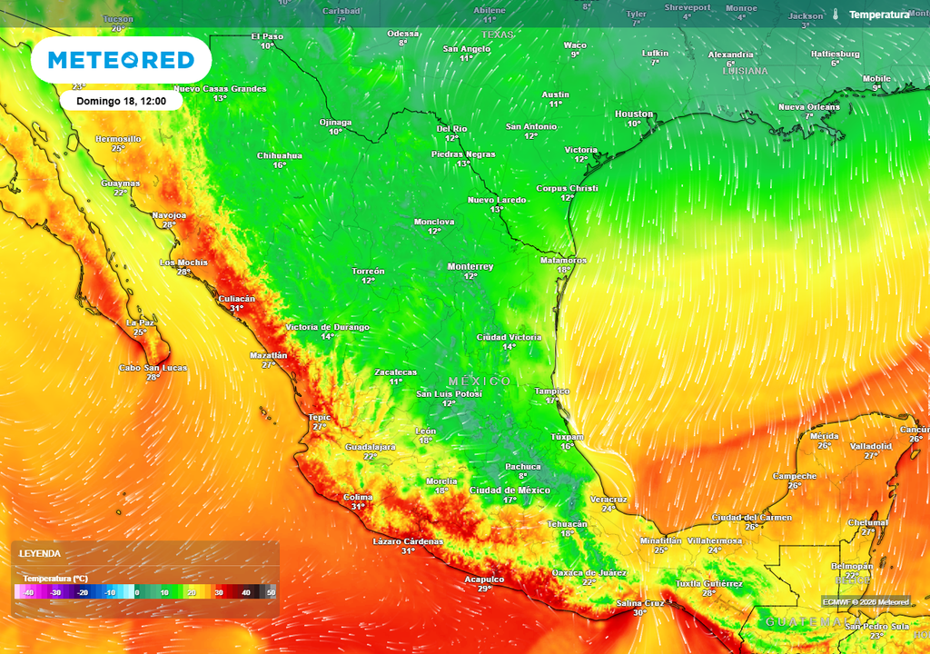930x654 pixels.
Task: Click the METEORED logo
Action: tap(121, 60)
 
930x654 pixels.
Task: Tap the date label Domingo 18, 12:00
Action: tap(121, 101)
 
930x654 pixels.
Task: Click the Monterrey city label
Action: tap(470, 266)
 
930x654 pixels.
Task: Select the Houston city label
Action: tap(634, 114)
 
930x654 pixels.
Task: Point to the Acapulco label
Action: tap(484, 579)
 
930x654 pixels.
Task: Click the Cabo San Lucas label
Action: tap(153, 367)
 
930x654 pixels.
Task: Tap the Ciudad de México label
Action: tap(510, 490)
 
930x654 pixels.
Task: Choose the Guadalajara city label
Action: tap(371, 447)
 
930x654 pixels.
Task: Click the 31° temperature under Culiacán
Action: tap(236, 308)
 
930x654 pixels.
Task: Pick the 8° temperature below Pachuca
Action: tap(522, 476)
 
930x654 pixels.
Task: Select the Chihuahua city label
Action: tap(280, 155)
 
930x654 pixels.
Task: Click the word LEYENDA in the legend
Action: tap(41, 553)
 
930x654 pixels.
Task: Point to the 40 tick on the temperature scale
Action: tap(245, 592)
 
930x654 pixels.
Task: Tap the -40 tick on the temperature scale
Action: tap(28, 592)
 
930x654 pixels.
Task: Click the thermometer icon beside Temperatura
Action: tap(835, 15)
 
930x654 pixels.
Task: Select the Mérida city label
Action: tap(824, 436)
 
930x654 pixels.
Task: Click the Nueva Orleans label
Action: tap(809, 106)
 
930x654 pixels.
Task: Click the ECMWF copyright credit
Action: tap(866, 601)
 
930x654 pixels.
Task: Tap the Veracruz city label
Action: tap(608, 499)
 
